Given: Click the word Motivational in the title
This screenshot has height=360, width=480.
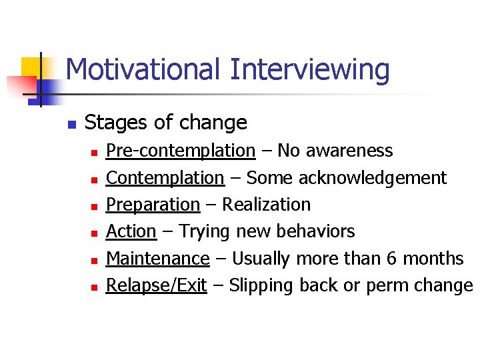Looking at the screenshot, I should [143, 70].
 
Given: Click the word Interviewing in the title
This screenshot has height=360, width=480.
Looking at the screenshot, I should [310, 70].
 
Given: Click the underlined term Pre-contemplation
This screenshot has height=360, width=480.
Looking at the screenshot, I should [181, 151].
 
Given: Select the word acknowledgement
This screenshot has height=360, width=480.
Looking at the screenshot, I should [373, 178].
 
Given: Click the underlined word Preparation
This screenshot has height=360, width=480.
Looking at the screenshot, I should [153, 205].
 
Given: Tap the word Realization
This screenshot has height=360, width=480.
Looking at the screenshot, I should [266, 205].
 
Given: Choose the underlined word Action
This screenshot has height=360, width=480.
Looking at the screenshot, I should [131, 231].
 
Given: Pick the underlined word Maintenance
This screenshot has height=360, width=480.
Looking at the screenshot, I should [158, 258].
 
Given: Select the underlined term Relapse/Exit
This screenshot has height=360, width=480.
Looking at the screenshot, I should [157, 285].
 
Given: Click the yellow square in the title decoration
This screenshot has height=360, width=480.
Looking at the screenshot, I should [33, 67].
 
